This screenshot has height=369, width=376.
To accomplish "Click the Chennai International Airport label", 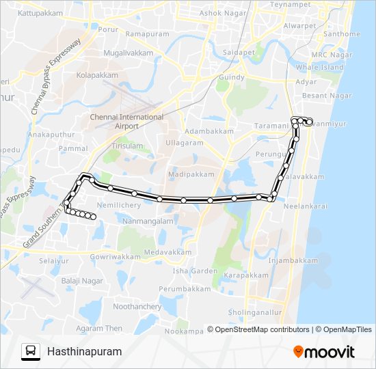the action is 126,122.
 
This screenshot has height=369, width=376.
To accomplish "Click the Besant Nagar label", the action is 327,96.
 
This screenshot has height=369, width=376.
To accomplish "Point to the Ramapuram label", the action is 147,33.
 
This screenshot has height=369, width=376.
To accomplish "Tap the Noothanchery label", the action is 137,307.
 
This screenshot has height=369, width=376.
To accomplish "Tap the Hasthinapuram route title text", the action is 85,352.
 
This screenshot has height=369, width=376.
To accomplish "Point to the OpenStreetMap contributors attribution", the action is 258,329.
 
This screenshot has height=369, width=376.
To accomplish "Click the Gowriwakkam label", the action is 113,257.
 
